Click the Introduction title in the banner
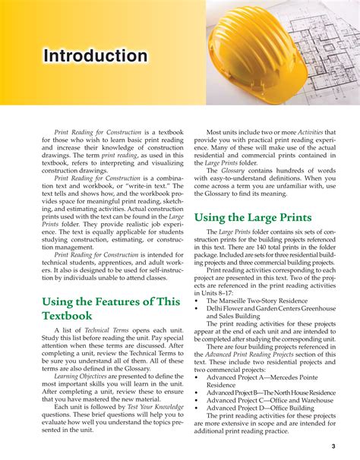[95, 56]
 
